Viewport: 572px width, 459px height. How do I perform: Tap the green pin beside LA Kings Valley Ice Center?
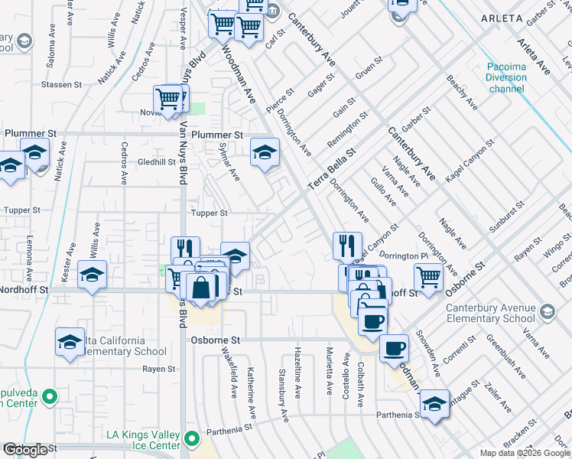[x=192, y=440]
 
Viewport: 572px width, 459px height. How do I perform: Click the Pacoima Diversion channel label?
[x=507, y=77]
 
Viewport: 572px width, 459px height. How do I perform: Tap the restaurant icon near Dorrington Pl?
[x=347, y=245]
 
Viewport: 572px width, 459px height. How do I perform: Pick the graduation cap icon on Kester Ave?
[x=92, y=274]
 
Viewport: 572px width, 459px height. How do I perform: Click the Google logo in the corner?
[x=25, y=450]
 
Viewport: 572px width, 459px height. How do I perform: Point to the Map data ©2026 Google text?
[x=524, y=453]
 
